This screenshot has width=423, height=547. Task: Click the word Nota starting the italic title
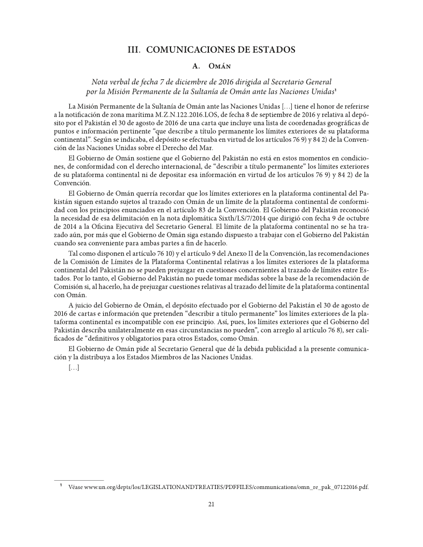[x=101, y=82]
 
